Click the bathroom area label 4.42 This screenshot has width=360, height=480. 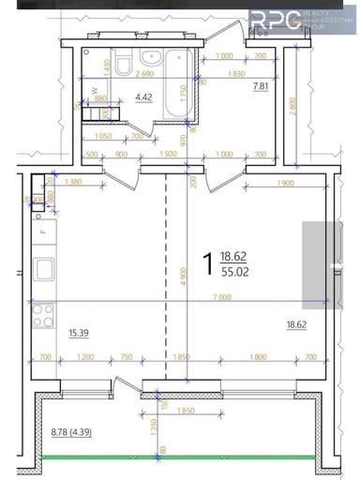click(x=143, y=97)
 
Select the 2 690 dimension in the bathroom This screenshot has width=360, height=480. click(x=145, y=73)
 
